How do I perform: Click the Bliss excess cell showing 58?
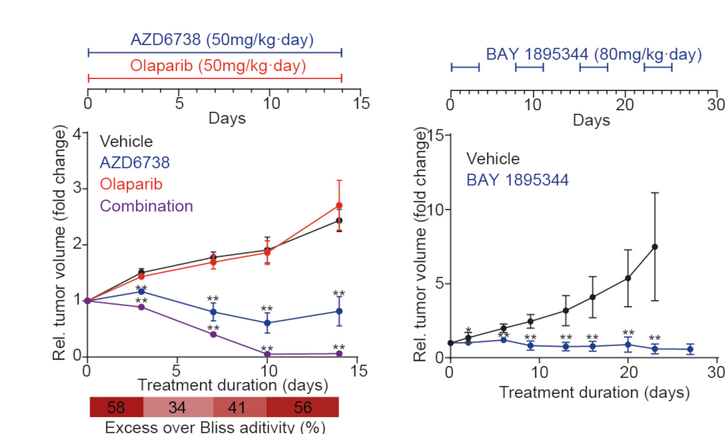(x=116, y=407)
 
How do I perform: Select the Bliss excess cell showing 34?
(x=177, y=407)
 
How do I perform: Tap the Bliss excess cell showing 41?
(x=237, y=407)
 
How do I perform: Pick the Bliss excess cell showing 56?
(x=303, y=407)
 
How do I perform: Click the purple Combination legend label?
(x=146, y=206)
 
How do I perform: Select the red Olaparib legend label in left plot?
(x=131, y=184)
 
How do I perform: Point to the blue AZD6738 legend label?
(x=135, y=163)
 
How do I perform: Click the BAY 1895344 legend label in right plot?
(x=517, y=180)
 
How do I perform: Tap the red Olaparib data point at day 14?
(x=339, y=205)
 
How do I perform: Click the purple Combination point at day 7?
(x=213, y=334)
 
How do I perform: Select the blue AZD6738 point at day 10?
(x=267, y=323)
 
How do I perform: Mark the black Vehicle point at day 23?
(x=655, y=247)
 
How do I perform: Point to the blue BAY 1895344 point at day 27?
(x=690, y=349)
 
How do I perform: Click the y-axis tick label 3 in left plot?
(x=77, y=188)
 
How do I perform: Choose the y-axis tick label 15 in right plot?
(x=436, y=135)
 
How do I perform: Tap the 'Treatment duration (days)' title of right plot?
(x=594, y=392)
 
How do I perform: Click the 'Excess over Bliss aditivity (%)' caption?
(x=215, y=427)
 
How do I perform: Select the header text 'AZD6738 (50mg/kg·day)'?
(x=222, y=40)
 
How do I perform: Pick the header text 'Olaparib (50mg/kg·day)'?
(x=218, y=66)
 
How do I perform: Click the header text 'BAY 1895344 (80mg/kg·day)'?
(x=594, y=55)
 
